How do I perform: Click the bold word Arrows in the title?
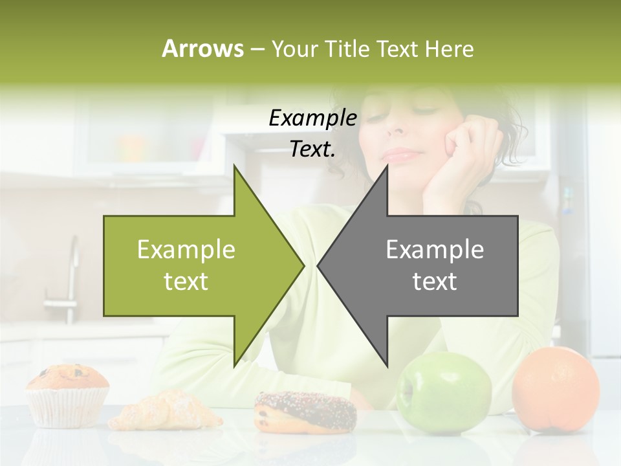[x=202, y=49]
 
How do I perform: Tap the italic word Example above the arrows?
[x=312, y=118]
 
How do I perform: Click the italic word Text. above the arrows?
[x=312, y=149]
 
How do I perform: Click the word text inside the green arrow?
[x=186, y=282]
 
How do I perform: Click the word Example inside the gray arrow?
[x=435, y=249]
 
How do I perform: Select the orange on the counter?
[x=555, y=388]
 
